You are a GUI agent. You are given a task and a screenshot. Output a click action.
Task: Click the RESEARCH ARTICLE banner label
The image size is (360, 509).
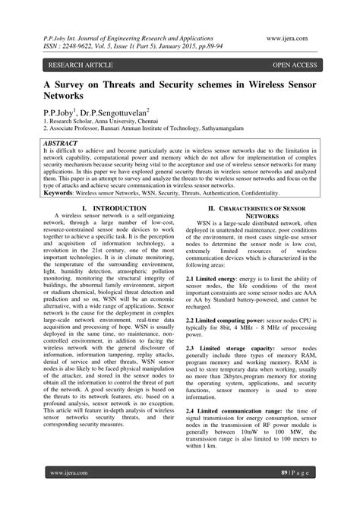coord(75,66)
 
